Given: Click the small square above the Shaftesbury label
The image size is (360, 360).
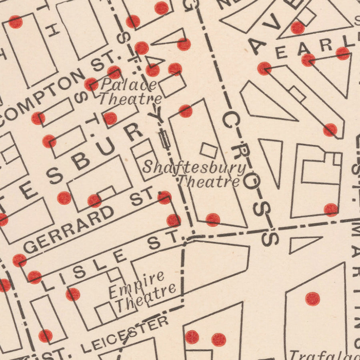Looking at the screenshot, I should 208,150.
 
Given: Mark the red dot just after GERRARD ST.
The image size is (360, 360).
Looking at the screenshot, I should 164,197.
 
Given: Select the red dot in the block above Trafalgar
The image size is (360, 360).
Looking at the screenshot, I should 312,298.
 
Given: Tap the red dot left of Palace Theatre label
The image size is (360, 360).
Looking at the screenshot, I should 91,84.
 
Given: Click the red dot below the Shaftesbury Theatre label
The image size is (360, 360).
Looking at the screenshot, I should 213,220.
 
